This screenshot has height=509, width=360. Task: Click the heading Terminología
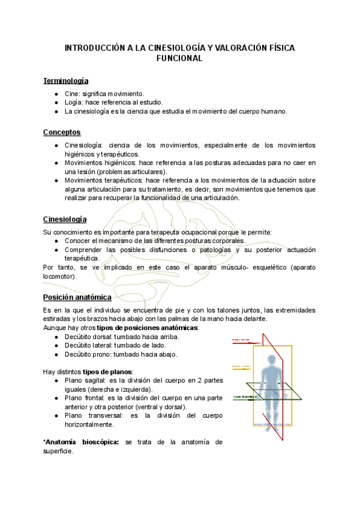(x=66, y=81)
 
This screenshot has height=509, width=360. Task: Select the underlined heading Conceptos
(x=62, y=132)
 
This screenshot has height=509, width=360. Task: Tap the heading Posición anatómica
(x=77, y=297)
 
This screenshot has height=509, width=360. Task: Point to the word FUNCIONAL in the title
(x=179, y=59)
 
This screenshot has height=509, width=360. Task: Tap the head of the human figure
(x=274, y=360)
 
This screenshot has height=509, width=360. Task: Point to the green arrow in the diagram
(x=247, y=397)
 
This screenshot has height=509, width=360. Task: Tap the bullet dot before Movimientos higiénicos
(x=56, y=163)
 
